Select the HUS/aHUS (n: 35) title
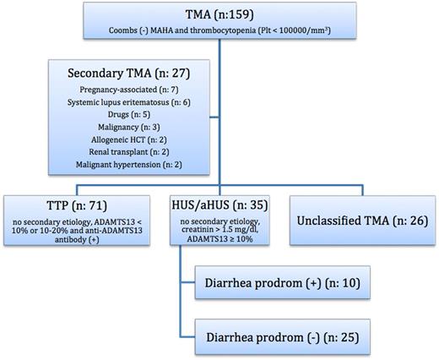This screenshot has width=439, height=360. pos(219,205)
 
